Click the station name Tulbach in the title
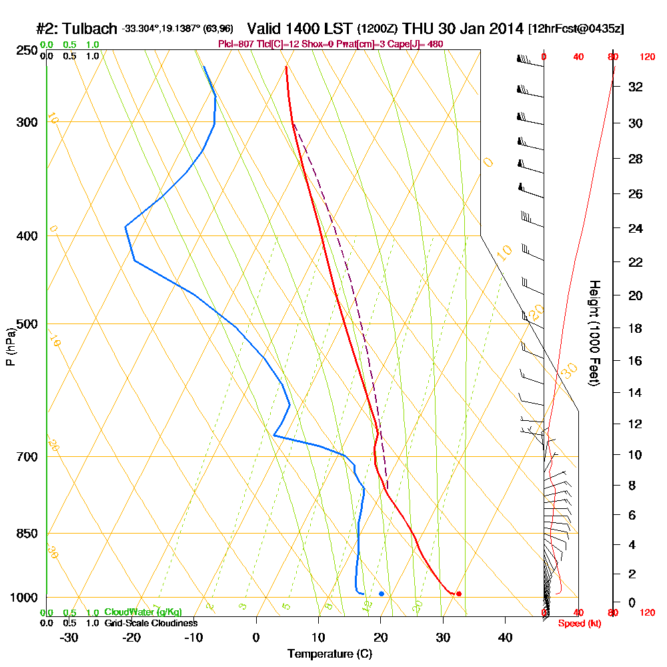pos(91,29)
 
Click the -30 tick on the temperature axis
pos(69,636)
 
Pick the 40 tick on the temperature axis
pos(505,636)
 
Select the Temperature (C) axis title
pos(329,654)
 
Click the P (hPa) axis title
pos(10,346)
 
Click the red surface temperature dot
pos(458,594)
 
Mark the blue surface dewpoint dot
pos(381,593)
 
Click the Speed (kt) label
pos(578,624)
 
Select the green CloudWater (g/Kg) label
pos(143,612)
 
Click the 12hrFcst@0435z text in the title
pos(576,29)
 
